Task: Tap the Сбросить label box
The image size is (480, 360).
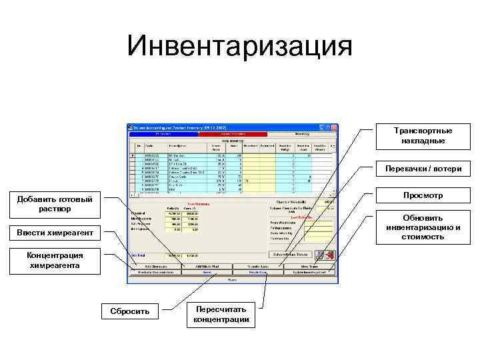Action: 125,311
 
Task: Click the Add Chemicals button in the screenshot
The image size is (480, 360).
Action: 155,266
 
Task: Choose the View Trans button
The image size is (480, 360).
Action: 309,266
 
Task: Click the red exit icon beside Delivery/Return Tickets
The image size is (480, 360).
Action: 329,255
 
